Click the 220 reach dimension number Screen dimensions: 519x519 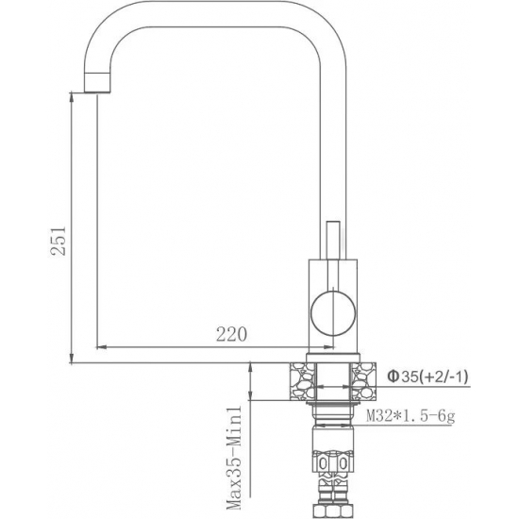231,333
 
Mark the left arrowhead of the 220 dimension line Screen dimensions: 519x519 102,345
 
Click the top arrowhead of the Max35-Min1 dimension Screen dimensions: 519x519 249,368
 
